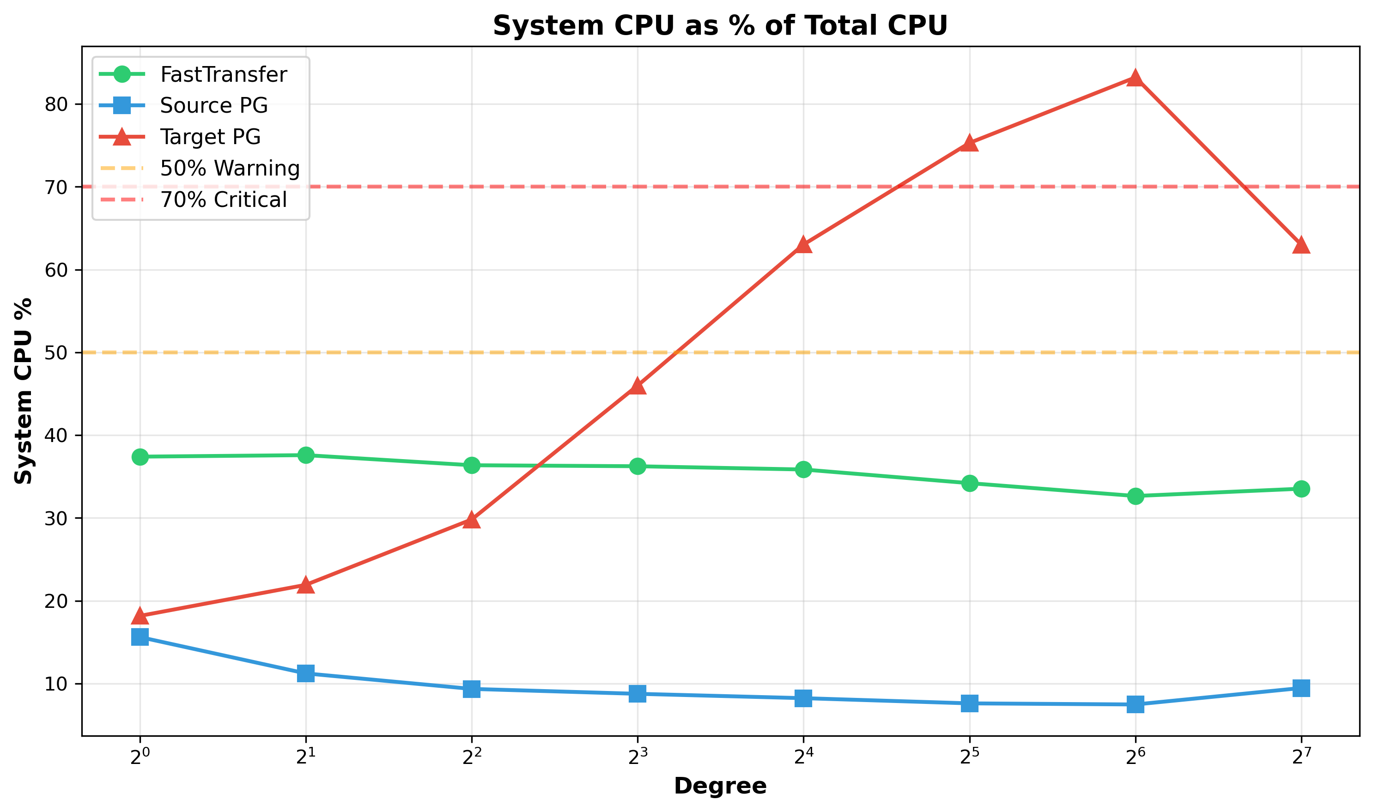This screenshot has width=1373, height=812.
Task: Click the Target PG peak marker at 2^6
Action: (1136, 78)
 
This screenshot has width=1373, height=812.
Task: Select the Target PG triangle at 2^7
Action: (1301, 245)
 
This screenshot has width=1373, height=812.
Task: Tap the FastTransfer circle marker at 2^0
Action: (140, 456)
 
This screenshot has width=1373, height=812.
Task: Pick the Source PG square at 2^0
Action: (140, 637)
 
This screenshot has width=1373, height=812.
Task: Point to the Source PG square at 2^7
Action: (1301, 688)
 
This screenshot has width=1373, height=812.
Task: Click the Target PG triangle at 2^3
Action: (638, 386)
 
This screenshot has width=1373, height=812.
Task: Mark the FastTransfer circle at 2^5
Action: (970, 483)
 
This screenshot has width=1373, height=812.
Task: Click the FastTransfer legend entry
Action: (223, 74)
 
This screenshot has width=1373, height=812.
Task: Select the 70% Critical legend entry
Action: (223, 200)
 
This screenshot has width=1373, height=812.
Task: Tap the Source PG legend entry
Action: (213, 105)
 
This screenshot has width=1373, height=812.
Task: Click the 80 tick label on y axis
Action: (55, 104)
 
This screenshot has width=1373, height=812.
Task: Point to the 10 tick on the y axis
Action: (55, 685)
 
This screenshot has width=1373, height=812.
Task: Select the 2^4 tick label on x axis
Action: (803, 757)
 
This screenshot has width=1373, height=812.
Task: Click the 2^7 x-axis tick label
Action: (1301, 757)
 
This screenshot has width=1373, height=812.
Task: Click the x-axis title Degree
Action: (720, 786)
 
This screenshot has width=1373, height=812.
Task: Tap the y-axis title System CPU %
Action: (23, 391)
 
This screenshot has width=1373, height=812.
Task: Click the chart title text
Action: (720, 26)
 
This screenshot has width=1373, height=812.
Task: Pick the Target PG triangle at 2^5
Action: (970, 143)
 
